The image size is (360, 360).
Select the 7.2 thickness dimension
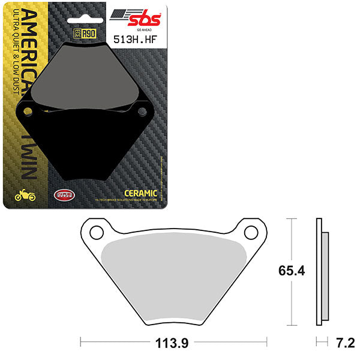(345, 344)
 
